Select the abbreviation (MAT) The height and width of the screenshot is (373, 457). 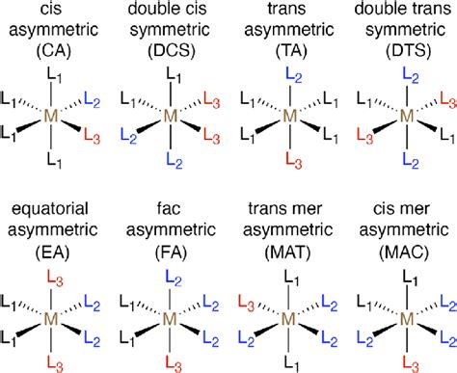289,254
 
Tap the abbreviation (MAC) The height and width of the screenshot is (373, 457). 408,254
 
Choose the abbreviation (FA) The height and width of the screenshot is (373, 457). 170,254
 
